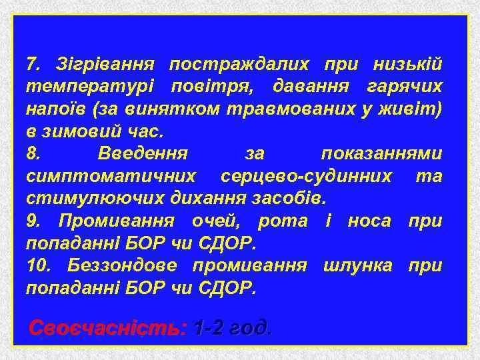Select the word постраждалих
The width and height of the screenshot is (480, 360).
click(239, 65)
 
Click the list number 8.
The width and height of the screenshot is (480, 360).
click(33, 153)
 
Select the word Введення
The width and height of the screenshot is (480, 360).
click(143, 153)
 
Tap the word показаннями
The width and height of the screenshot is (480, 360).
click(381, 153)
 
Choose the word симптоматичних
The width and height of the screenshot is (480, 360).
click(111, 176)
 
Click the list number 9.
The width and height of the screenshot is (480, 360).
click(33, 221)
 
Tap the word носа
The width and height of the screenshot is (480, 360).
click(369, 221)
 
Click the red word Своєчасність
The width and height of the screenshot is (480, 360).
click(105, 327)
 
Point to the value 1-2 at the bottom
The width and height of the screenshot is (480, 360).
click(207, 327)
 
